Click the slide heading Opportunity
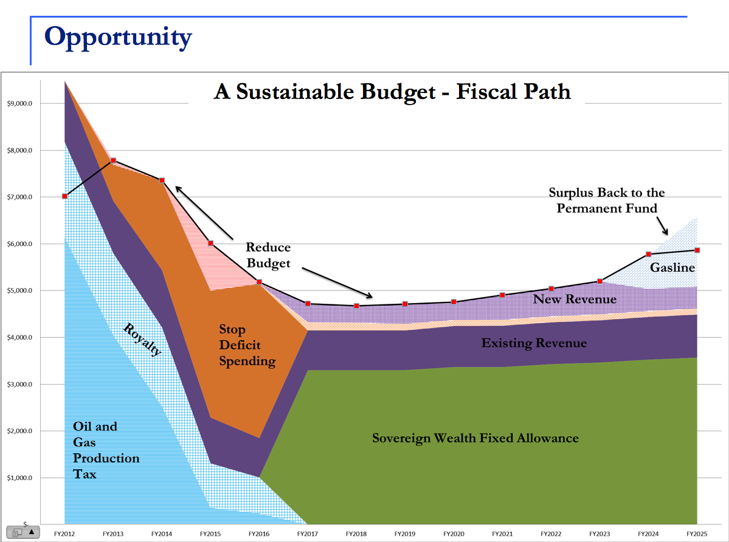pos(118,37)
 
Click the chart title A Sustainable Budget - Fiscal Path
pos(392,92)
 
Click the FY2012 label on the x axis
pos(64,533)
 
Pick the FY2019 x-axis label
pos(405,533)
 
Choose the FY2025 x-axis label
pos(697,533)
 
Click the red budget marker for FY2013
pos(113,160)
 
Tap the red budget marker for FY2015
pos(210,243)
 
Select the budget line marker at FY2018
pos(356,306)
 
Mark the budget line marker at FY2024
pos(649,254)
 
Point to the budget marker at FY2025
pos(697,250)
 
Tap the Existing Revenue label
pos(534,343)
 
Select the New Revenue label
pos(575,299)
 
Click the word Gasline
pos(672,267)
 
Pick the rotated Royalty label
pos(143,340)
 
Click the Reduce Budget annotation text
pos(268,255)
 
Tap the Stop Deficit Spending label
pos(247,345)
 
